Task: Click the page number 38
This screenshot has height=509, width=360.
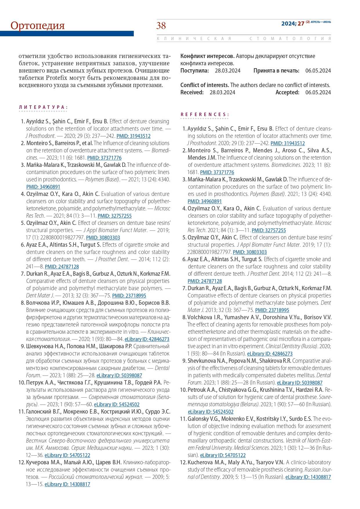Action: tap(161, 26)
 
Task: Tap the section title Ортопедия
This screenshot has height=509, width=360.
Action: tap(38, 26)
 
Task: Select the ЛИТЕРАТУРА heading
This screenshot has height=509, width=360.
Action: tap(43, 107)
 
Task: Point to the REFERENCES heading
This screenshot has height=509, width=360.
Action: tap(205, 114)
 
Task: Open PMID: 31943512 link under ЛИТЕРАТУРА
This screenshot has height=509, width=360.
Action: tap(133, 136)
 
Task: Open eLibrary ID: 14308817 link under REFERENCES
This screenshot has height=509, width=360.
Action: tap(308, 477)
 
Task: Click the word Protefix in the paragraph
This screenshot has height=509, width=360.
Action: tap(56, 78)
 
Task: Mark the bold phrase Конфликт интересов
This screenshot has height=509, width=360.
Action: tap(207, 56)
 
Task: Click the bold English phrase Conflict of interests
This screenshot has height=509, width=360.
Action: tap(205, 85)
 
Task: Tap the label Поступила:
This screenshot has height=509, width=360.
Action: tap(194, 71)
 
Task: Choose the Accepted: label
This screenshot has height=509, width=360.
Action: tap(287, 93)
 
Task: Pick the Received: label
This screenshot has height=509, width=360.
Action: tap(192, 93)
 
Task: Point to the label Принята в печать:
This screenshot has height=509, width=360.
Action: tap(276, 71)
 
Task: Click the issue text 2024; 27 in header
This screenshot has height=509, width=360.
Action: tap(292, 24)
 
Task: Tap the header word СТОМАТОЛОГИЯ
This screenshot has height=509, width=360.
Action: tap(290, 39)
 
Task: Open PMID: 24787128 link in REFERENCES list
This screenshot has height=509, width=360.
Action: tap(205, 281)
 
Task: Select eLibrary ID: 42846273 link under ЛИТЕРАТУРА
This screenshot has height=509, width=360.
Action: tap(147, 339)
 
